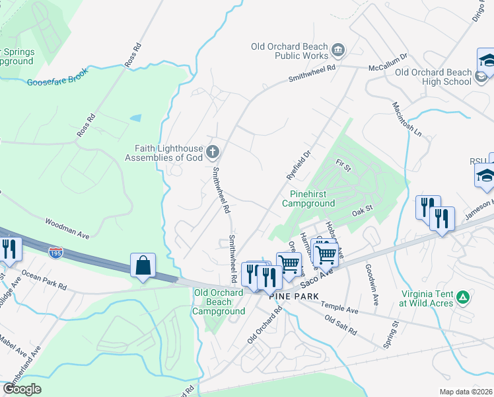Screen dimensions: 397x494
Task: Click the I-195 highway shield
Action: (56, 252)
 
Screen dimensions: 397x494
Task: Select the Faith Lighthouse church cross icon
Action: (213, 152)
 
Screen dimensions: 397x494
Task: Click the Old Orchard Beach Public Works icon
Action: (338, 50)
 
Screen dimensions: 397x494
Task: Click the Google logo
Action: (22, 389)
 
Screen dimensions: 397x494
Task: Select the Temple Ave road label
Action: (339, 307)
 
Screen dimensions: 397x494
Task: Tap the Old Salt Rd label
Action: (341, 324)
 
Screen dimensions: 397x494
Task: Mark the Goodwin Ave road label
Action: (372, 289)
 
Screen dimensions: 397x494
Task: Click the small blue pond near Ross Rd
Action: (135, 118)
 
